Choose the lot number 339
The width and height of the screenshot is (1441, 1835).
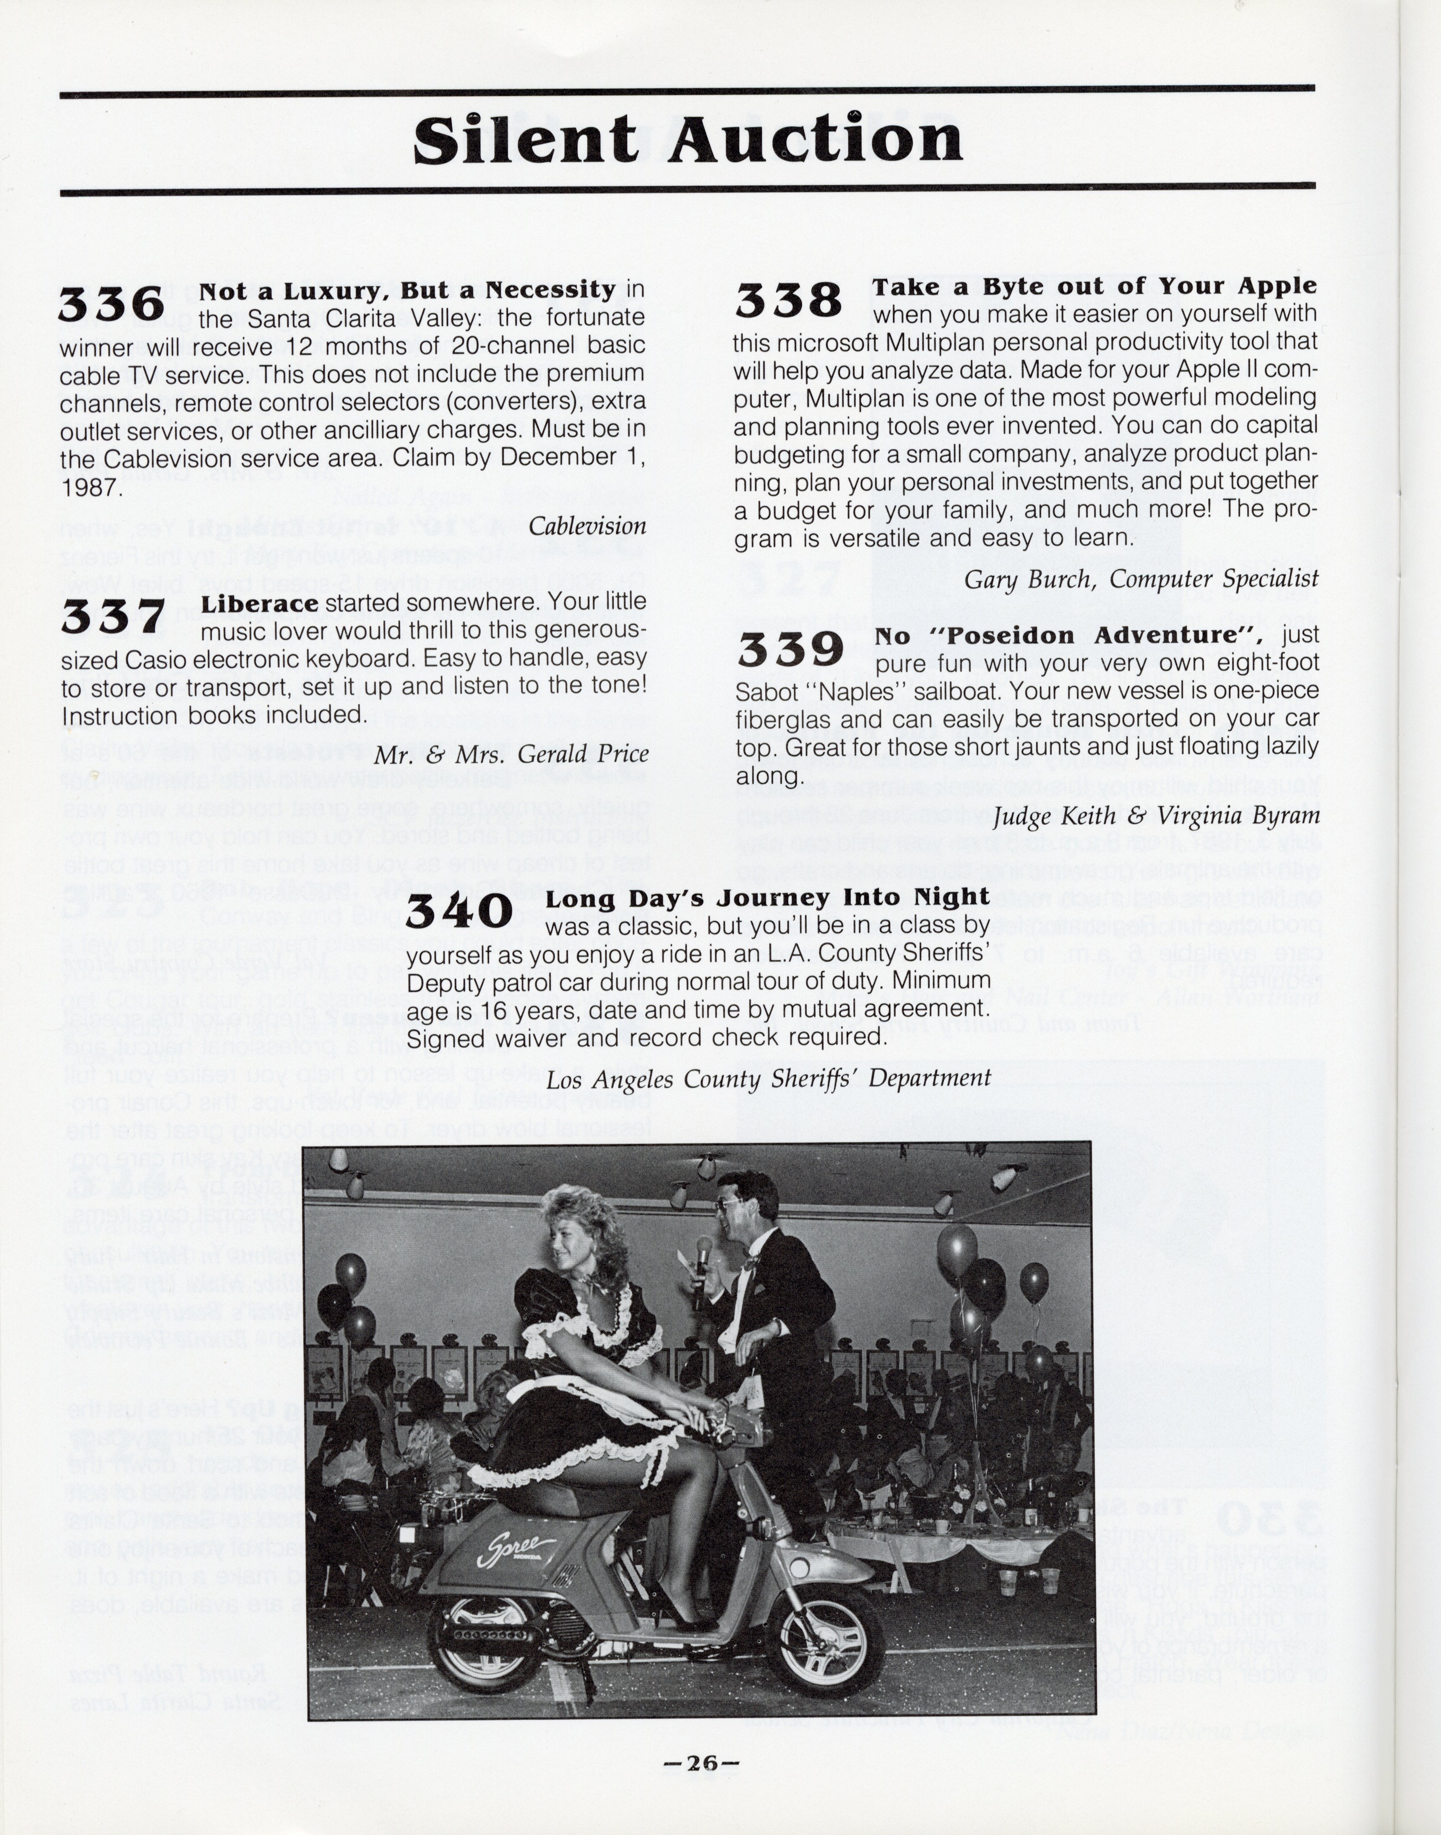click(790, 650)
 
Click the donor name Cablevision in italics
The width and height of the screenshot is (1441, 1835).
click(587, 526)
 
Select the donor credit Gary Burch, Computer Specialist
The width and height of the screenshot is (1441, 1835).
click(1141, 580)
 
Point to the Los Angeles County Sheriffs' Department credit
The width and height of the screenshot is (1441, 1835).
click(768, 1079)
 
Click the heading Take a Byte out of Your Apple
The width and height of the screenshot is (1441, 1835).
click(1094, 287)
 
